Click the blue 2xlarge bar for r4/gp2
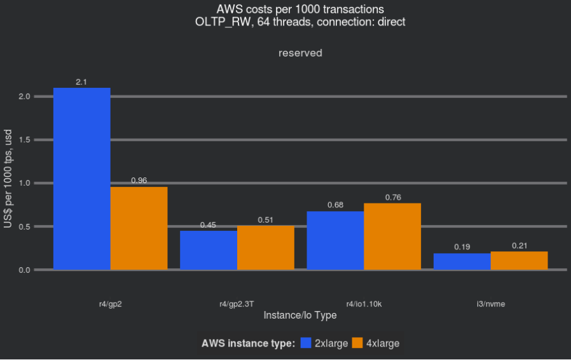(81, 179)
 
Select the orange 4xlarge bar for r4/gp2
(139, 228)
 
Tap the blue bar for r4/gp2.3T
(209, 250)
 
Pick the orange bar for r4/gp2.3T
(266, 247)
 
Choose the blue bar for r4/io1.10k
(335, 240)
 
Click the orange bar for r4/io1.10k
(392, 237)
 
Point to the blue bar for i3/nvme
(462, 261)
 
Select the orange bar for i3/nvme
(519, 261)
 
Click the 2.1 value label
(81, 82)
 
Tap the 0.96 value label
(139, 181)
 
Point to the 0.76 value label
(393, 197)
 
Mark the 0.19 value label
(462, 247)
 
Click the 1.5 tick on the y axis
(24, 140)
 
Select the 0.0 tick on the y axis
(24, 270)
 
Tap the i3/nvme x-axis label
(490, 305)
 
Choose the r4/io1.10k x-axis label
(364, 305)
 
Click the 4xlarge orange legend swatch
(357, 343)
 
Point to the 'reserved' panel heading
(300, 53)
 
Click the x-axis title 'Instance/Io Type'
(299, 315)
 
